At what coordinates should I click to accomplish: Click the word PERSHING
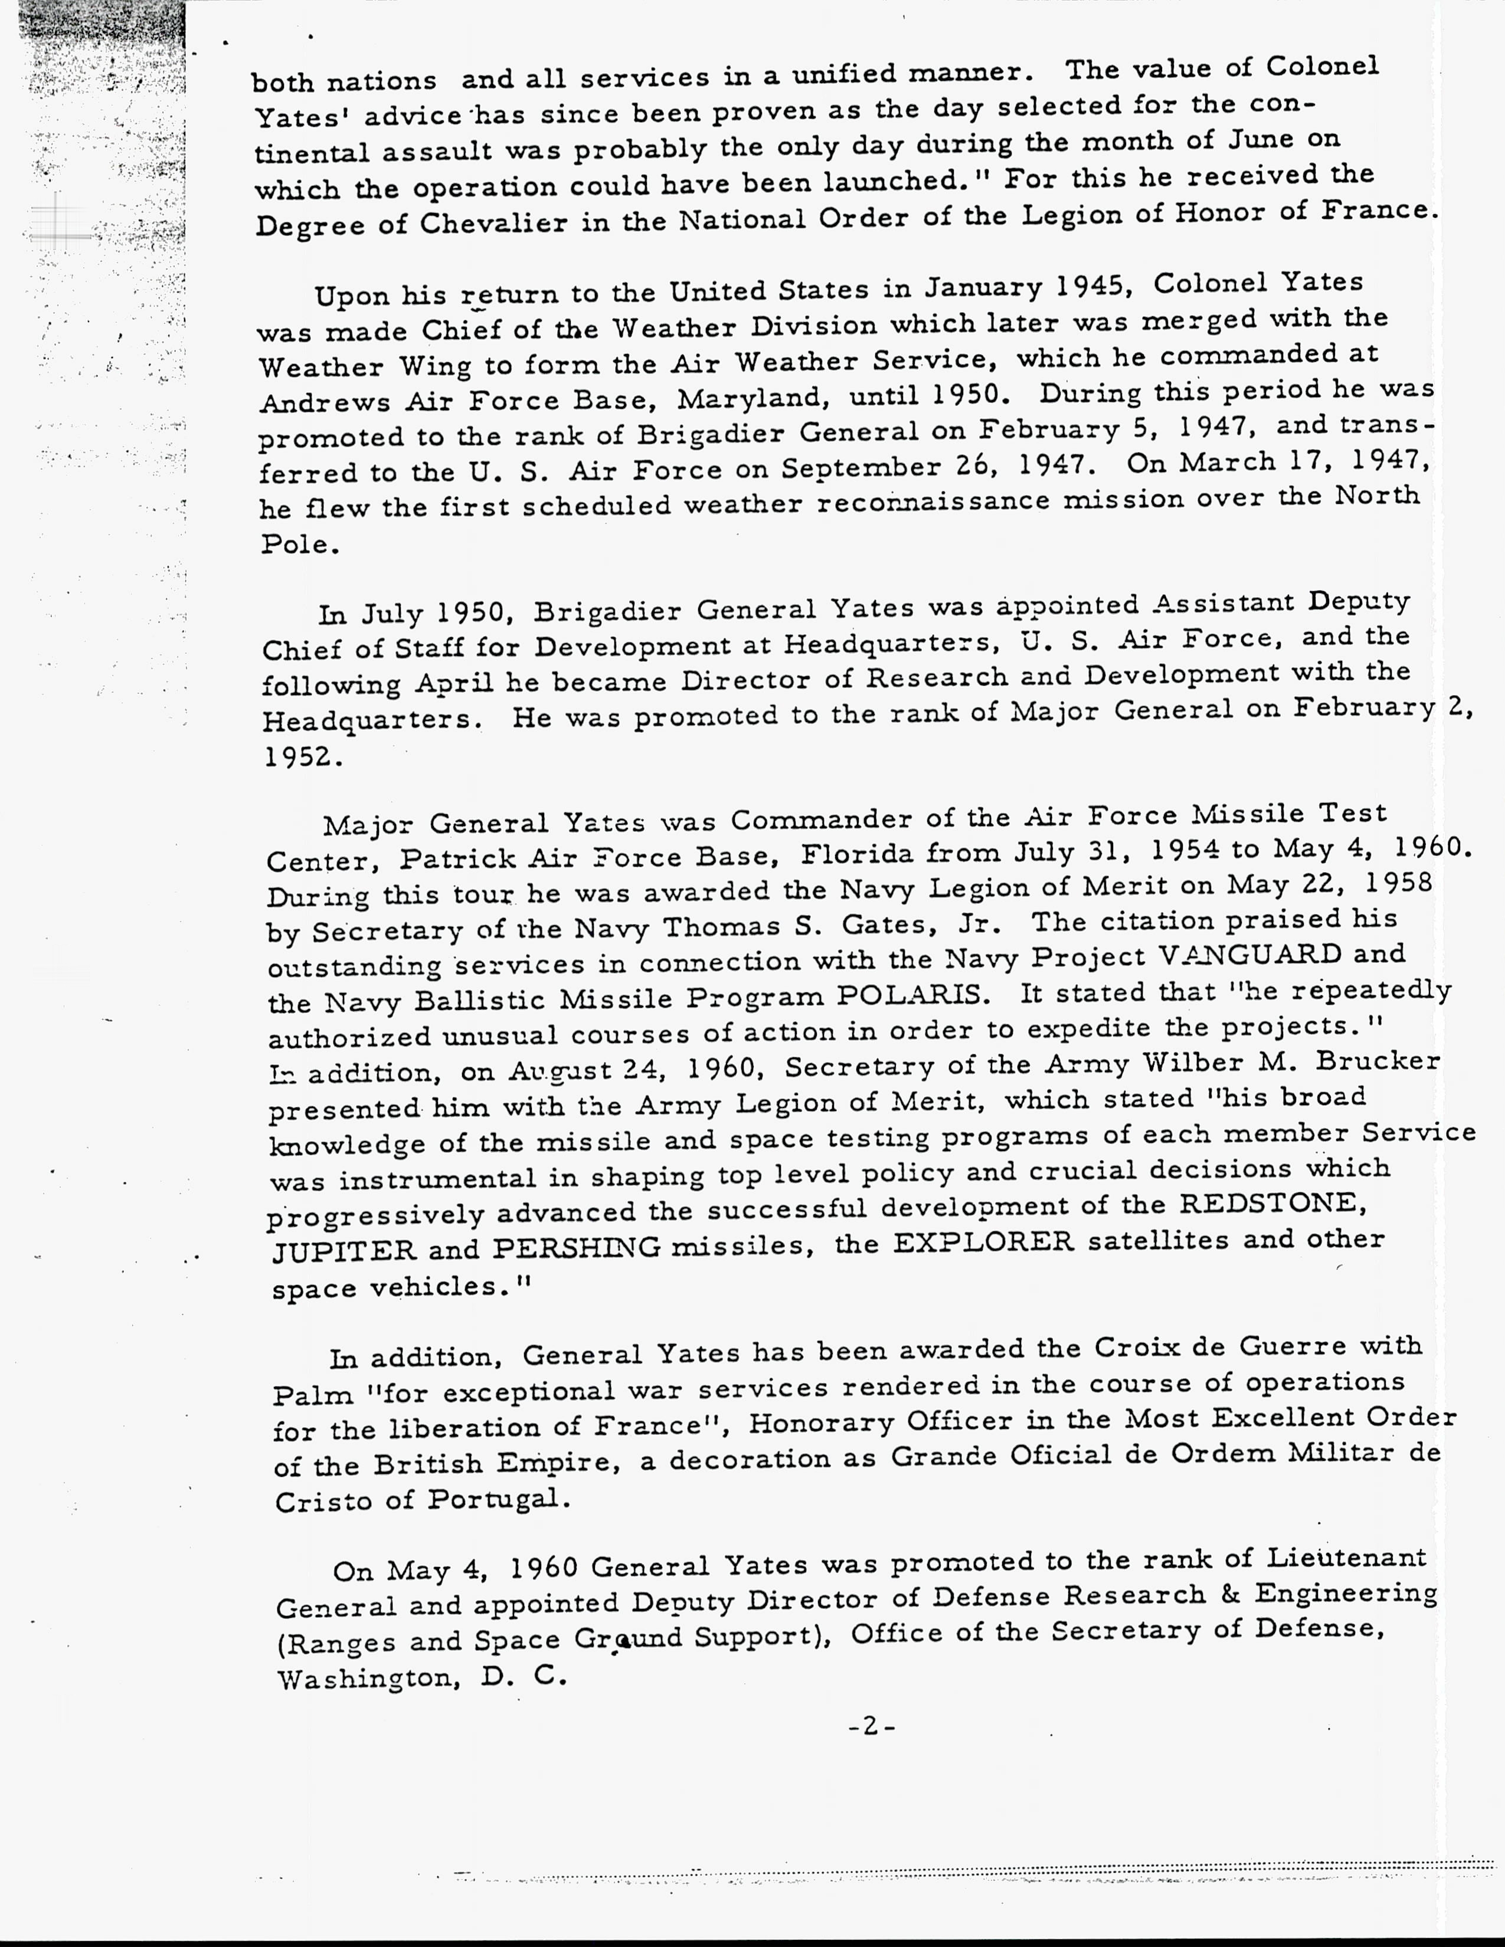(x=576, y=1247)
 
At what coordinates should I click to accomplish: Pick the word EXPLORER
(x=983, y=1242)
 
